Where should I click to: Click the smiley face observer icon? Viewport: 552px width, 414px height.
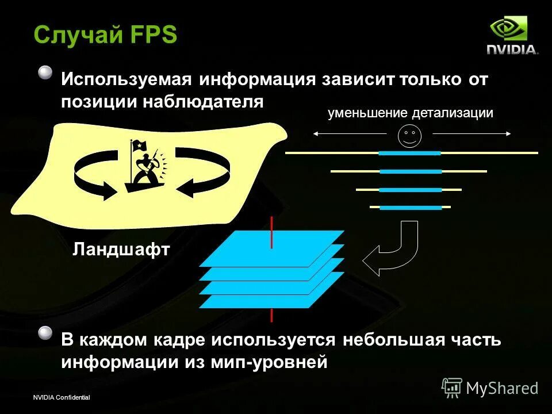click(x=410, y=136)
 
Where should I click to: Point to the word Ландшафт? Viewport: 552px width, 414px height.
click(x=122, y=249)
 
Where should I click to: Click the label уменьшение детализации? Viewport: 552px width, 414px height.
click(x=411, y=113)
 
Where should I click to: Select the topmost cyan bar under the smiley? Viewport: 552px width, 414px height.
click(x=409, y=154)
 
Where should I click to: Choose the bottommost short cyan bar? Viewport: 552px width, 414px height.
click(x=410, y=207)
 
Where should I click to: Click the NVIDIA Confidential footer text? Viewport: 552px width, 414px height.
click(x=62, y=398)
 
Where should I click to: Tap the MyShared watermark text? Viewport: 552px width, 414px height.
click(x=502, y=388)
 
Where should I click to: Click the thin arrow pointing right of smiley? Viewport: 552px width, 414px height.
click(x=471, y=133)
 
